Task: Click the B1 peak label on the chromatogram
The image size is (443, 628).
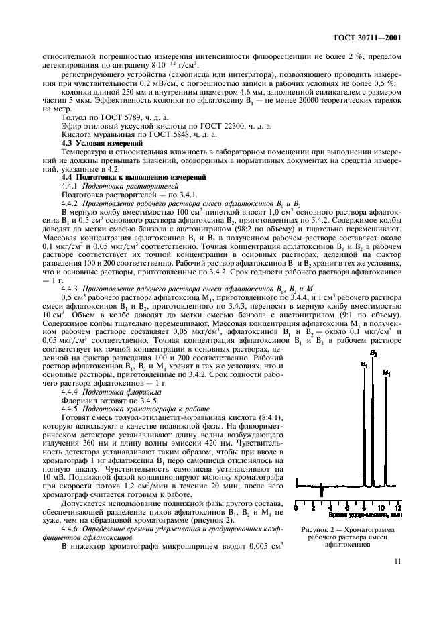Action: (364, 364)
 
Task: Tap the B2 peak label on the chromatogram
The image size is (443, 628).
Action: (373, 353)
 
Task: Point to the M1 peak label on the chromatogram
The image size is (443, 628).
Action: (386, 372)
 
